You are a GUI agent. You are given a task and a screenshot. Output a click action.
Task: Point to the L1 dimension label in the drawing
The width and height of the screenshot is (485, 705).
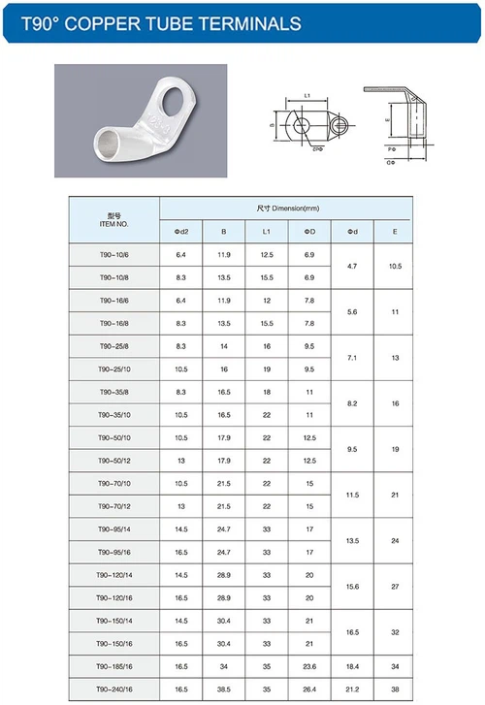pyautogui.click(x=307, y=96)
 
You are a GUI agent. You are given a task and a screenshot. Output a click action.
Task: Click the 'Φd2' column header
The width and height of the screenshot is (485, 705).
pyautogui.click(x=180, y=231)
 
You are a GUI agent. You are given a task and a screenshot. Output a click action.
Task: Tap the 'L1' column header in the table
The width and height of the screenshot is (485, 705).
pyautogui.click(x=266, y=231)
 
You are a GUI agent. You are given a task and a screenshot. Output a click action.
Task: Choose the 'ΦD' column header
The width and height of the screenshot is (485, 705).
pyautogui.click(x=309, y=231)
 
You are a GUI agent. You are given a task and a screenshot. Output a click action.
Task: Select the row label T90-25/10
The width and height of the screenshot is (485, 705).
pyautogui.click(x=113, y=369)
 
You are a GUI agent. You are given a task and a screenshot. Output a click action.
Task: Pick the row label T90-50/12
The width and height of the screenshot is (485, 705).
pyautogui.click(x=113, y=461)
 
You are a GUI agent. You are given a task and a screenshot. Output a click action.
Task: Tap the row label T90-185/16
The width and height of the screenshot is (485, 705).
pyautogui.click(x=113, y=667)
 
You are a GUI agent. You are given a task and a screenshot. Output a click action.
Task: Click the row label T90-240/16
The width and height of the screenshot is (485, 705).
pyautogui.click(x=113, y=689)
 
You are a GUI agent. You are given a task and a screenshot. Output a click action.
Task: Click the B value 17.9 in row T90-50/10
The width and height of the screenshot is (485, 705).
pyautogui.click(x=224, y=437)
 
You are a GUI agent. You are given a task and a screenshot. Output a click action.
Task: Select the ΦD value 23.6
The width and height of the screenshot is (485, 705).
pyautogui.click(x=309, y=667)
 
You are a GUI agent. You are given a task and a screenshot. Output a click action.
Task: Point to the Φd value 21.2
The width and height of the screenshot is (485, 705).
pyautogui.click(x=352, y=689)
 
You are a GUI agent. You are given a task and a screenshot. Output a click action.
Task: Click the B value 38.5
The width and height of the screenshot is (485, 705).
pyautogui.click(x=224, y=689)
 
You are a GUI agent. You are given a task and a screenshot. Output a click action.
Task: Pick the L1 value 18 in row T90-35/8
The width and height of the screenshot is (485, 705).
pyautogui.click(x=266, y=392)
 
